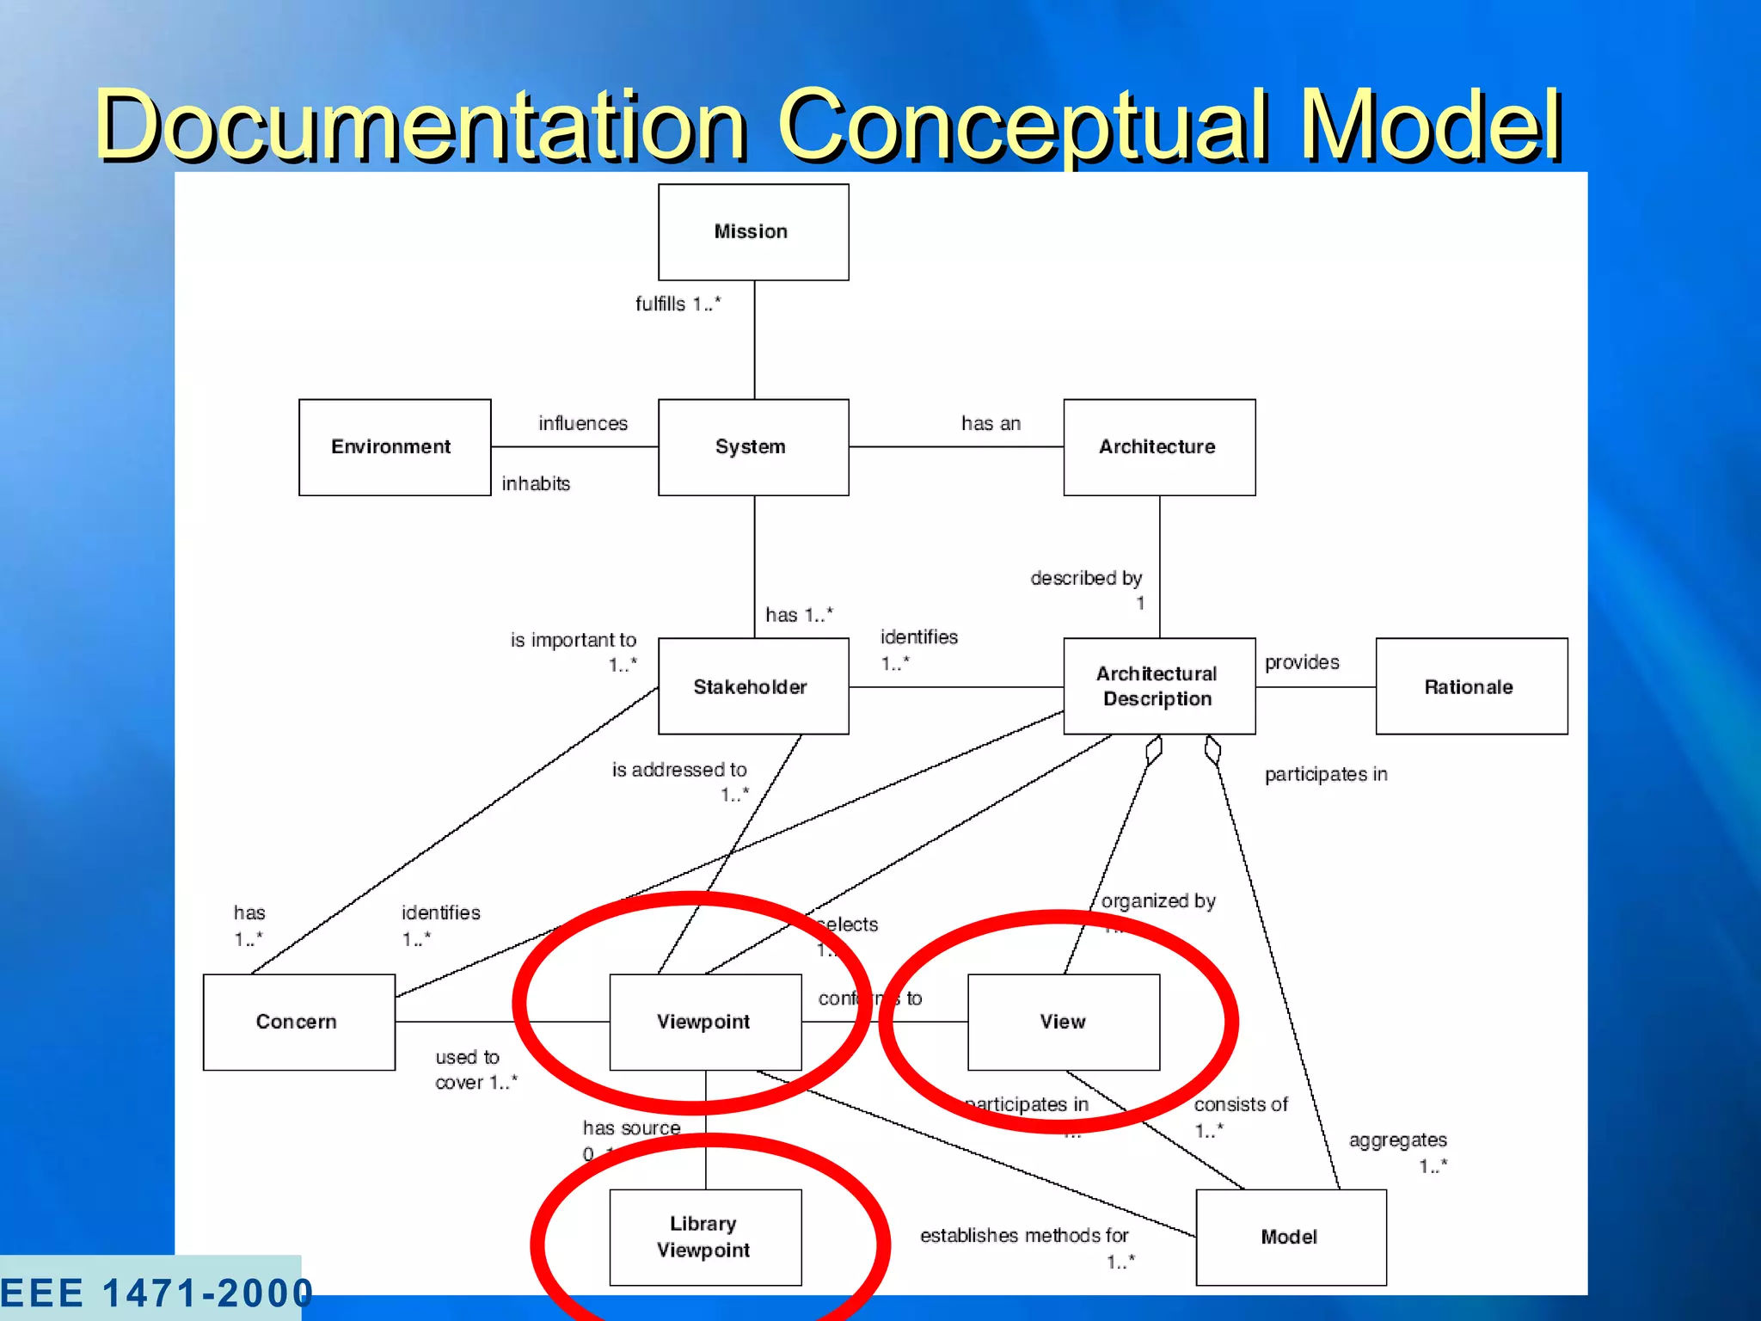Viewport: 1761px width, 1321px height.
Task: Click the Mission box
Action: (x=753, y=232)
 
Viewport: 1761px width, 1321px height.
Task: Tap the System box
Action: (x=753, y=447)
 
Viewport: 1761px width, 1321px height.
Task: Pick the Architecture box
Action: (x=1159, y=447)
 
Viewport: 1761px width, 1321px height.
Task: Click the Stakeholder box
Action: (x=753, y=686)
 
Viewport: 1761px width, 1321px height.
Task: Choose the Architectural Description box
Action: (x=1159, y=686)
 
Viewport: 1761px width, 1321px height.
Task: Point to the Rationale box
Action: (x=1471, y=686)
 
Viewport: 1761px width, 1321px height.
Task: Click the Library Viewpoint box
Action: (x=705, y=1237)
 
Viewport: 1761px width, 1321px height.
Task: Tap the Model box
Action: (x=1291, y=1237)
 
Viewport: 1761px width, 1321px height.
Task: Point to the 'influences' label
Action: (x=583, y=423)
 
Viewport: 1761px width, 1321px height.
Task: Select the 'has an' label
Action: (x=991, y=423)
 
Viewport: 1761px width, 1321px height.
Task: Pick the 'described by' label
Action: (x=1086, y=578)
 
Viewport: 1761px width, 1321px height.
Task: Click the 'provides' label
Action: (x=1302, y=662)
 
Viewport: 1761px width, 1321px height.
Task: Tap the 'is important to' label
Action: (x=574, y=640)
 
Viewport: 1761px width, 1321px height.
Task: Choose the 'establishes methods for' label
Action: (x=1024, y=1236)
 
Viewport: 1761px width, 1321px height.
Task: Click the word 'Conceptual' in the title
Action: (x=1023, y=125)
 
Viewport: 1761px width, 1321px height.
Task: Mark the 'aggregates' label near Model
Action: (x=1397, y=1140)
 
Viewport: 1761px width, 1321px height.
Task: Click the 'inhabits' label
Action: (x=536, y=483)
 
